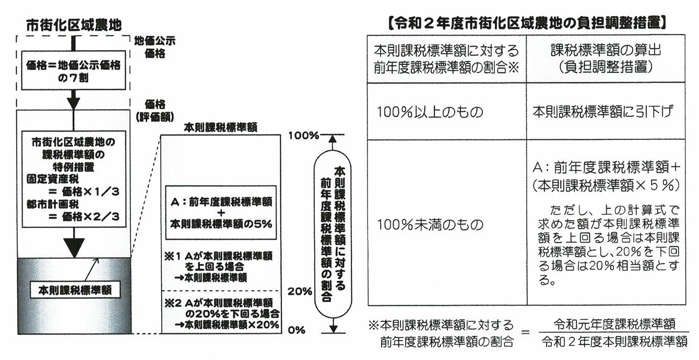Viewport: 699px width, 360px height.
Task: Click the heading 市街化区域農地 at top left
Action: [x=74, y=24]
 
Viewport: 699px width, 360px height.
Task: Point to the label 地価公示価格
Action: [x=155, y=46]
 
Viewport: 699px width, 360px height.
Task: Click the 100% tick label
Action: [x=302, y=136]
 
